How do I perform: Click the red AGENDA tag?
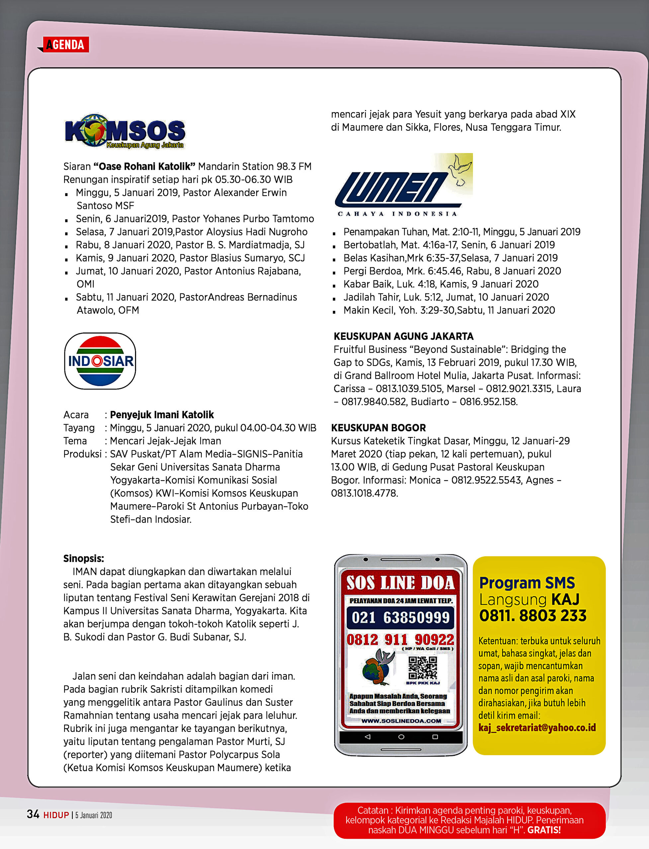(x=65, y=45)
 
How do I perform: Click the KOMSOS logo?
(x=125, y=131)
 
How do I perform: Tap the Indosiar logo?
(x=100, y=361)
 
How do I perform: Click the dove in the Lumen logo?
(x=460, y=170)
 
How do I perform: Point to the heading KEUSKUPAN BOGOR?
(x=378, y=427)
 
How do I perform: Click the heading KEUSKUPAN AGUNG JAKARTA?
(x=403, y=336)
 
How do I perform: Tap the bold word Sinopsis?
(x=83, y=558)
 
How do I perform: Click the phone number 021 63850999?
(x=400, y=618)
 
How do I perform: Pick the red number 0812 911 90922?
(x=400, y=639)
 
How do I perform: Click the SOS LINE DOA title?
(x=400, y=583)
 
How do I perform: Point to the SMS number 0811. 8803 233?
(x=533, y=616)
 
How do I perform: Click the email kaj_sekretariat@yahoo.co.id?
(x=537, y=727)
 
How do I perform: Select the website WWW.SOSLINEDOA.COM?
(x=401, y=721)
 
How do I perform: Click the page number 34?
(x=33, y=814)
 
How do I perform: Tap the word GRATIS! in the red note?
(x=544, y=830)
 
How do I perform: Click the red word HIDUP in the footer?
(x=56, y=815)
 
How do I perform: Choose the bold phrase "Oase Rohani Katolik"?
(x=144, y=166)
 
